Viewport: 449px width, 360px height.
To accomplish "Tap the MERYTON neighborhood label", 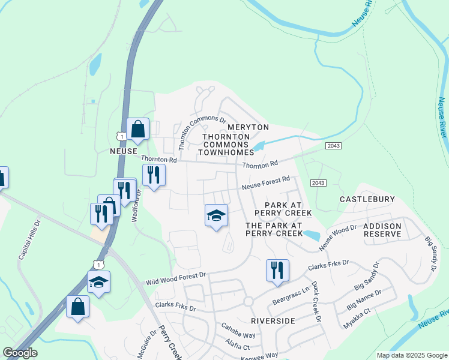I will point(248,128).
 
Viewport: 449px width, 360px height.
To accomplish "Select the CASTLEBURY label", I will point(367,199).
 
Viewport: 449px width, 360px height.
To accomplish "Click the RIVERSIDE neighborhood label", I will point(273,321).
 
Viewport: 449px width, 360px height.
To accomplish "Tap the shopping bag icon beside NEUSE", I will point(138,129).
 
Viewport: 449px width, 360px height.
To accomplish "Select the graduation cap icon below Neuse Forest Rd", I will point(216,216).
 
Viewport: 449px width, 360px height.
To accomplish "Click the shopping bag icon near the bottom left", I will point(78,307).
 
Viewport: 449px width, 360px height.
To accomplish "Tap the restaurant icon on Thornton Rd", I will point(153,175).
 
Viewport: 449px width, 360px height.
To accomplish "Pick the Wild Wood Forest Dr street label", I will point(176,278).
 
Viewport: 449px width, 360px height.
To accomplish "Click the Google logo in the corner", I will point(20,353).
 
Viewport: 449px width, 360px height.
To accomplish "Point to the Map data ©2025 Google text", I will point(411,355).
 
